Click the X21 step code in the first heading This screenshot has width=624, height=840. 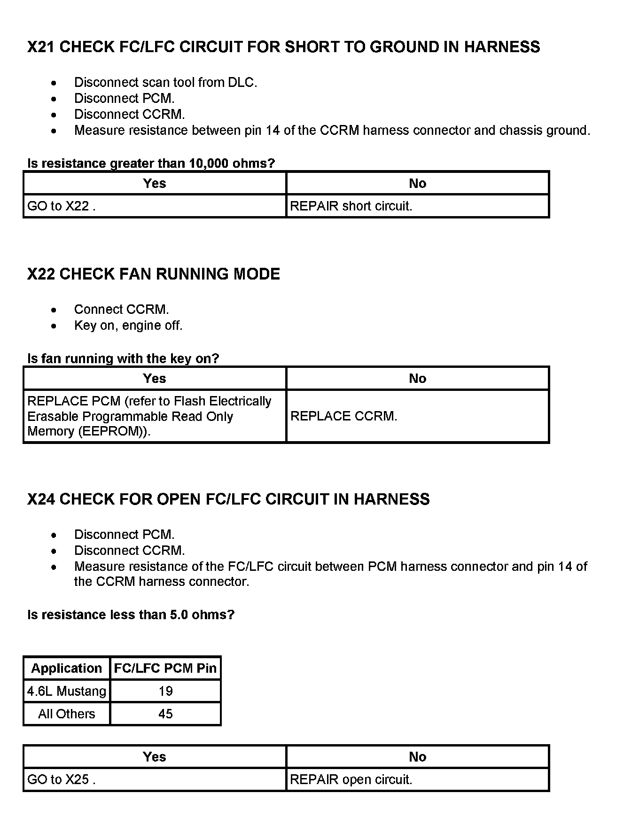(41, 47)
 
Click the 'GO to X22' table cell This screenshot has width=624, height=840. (61, 206)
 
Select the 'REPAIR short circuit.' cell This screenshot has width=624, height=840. (351, 206)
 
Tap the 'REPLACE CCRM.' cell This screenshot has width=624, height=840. (344, 416)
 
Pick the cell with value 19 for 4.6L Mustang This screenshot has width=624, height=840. (165, 691)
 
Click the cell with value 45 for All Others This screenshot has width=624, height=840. (165, 714)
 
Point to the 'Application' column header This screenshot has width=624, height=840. (67, 669)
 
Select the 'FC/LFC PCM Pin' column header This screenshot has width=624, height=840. (165, 669)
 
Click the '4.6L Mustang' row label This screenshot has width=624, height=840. (67, 691)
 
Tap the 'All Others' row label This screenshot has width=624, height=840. (67, 714)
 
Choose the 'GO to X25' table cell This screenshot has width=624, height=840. (61, 780)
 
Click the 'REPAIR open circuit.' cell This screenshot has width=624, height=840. (351, 780)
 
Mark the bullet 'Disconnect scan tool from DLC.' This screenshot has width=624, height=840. (165, 83)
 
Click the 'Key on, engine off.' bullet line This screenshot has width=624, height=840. (128, 326)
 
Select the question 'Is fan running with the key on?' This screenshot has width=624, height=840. (123, 359)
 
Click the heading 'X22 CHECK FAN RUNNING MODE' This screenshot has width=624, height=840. (154, 274)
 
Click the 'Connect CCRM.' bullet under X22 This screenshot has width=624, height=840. (121, 310)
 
